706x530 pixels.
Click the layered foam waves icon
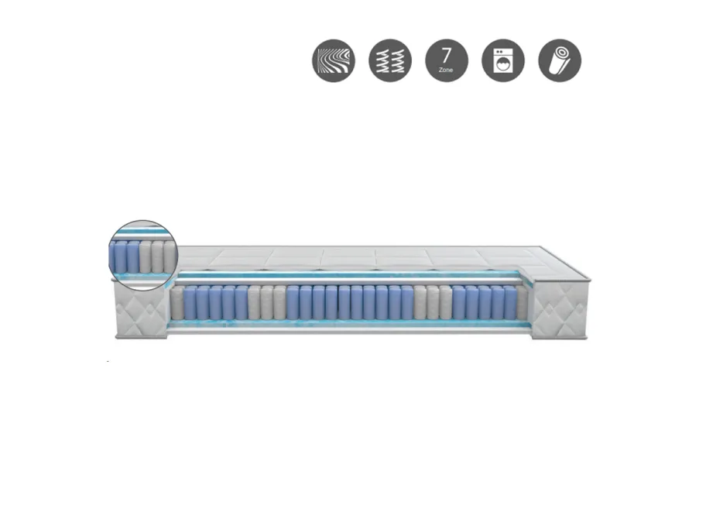pos(334,60)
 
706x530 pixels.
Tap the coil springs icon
pos(390,60)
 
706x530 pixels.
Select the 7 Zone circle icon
pos(447,60)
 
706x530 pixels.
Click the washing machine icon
pos(503,60)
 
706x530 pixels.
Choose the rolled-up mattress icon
pos(560,60)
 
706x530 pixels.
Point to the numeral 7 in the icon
pos(446,56)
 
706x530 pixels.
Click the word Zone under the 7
pos(446,70)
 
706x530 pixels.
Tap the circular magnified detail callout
pos(144,255)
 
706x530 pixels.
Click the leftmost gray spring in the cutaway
pos(177,303)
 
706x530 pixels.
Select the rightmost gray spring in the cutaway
pos(523,303)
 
